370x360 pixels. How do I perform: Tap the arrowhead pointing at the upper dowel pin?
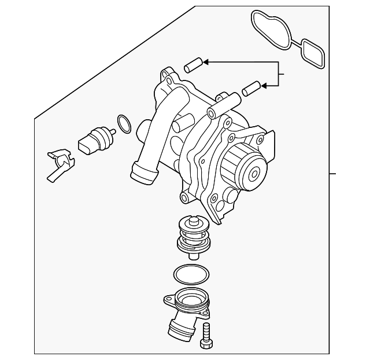pyautogui.click(x=207, y=61)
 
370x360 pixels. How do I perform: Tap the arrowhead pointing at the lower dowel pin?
pyautogui.click(x=264, y=86)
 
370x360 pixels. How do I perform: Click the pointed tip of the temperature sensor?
pyautogui.click(x=113, y=134)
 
